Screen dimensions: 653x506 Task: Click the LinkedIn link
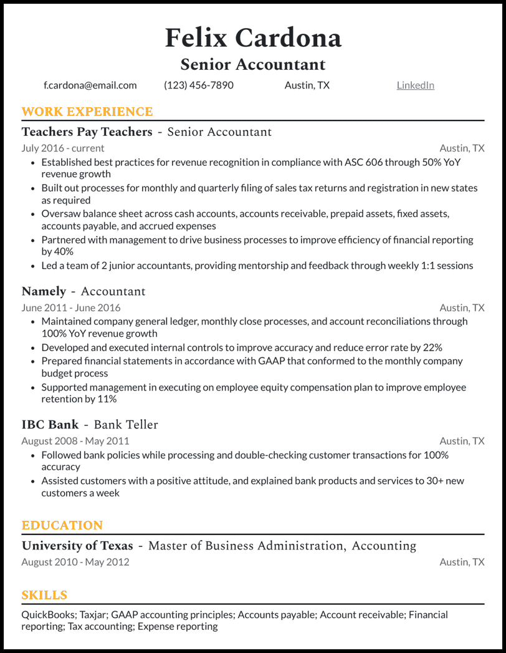(x=415, y=85)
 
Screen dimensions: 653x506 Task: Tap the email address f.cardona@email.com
(x=90, y=85)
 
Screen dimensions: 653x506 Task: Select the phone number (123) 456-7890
(x=198, y=85)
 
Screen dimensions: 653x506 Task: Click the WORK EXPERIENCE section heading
(x=87, y=112)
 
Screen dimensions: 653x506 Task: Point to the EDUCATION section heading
(x=62, y=526)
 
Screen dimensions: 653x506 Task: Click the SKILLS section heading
(x=44, y=596)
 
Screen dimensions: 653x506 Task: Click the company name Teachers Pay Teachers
(x=87, y=132)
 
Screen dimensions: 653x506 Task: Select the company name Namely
(x=44, y=292)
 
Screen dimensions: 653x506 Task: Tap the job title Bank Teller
(x=126, y=425)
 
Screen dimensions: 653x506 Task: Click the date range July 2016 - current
(x=63, y=148)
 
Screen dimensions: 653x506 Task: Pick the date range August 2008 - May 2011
(x=75, y=441)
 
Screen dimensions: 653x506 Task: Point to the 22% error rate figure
(x=432, y=347)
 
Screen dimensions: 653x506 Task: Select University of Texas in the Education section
(x=77, y=546)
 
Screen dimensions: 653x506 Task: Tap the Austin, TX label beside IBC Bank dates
(x=462, y=441)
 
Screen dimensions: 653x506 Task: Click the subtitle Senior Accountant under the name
(x=253, y=65)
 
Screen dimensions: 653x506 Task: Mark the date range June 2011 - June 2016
(x=71, y=308)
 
